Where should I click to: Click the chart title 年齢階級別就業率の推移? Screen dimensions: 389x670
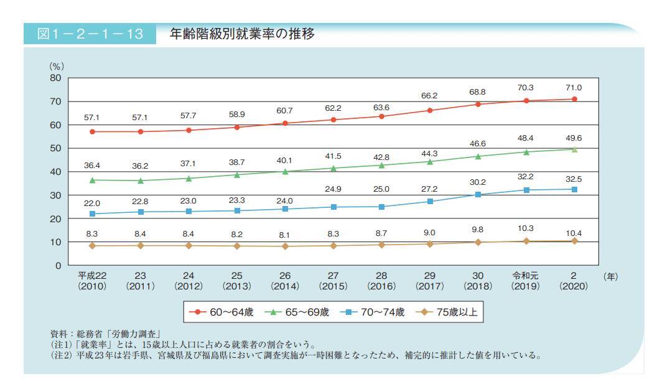(242, 34)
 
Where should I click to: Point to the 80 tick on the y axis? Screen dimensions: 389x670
(55, 78)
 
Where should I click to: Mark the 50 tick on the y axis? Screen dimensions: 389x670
(55, 149)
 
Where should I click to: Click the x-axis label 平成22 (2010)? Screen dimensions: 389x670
(92, 281)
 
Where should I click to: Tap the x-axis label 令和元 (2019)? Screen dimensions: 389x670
(526, 281)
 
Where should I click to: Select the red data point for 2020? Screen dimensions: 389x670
(574, 99)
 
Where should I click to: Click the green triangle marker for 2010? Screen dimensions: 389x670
(93, 180)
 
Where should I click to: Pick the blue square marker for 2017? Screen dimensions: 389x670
(430, 201)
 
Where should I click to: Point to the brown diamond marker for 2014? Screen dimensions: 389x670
(286, 246)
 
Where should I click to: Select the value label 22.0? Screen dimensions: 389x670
(93, 203)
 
